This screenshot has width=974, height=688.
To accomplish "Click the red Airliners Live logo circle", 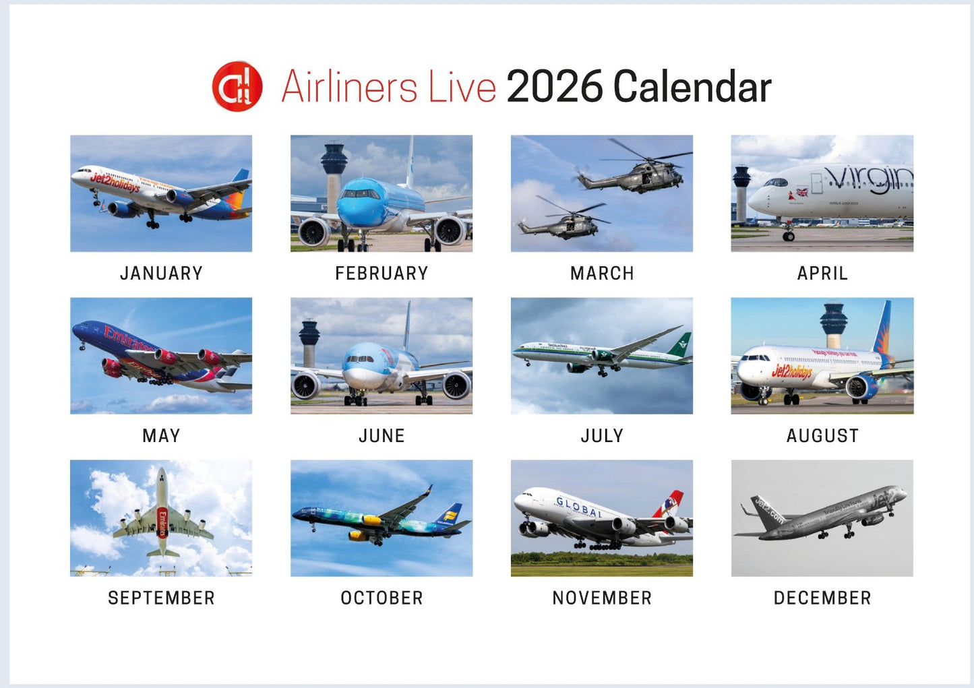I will (x=237, y=86).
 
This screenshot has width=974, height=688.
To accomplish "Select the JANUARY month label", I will (x=161, y=273).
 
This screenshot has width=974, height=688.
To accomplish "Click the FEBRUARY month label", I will (x=382, y=273).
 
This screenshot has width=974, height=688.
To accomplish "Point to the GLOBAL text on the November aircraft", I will (x=579, y=507).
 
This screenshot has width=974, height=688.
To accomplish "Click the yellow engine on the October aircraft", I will (x=371, y=520).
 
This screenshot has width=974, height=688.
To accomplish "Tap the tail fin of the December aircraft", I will (x=765, y=510).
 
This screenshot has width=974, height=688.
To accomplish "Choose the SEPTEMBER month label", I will (x=161, y=598).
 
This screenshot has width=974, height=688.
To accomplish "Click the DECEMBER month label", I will (x=822, y=598).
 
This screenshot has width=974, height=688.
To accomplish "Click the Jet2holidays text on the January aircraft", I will (x=115, y=182).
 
